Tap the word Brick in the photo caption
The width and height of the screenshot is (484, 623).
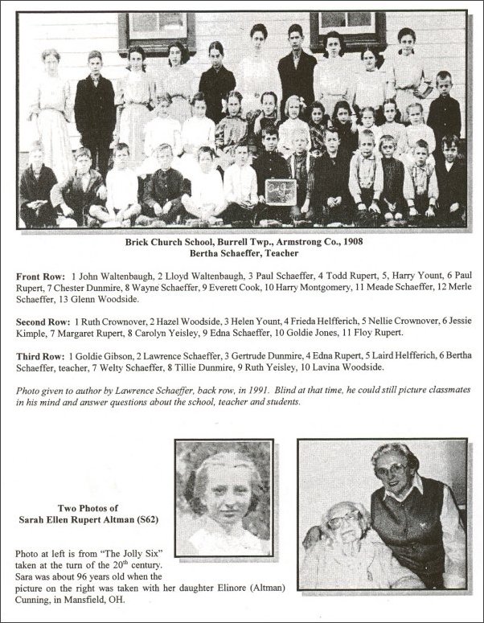tap(139, 240)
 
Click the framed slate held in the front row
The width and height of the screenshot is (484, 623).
tap(281, 192)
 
